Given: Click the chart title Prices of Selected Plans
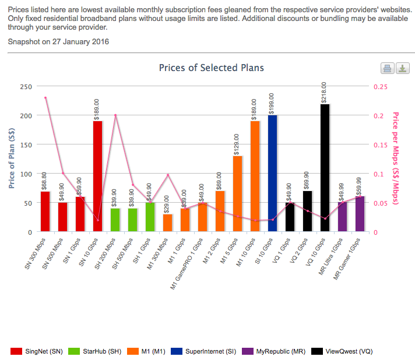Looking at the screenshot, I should tap(211, 68).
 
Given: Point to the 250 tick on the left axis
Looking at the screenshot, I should tap(26, 86).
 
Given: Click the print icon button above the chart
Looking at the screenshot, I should tap(388, 69).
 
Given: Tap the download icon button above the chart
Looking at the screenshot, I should tap(402, 69).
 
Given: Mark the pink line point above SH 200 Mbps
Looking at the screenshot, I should tap(115, 115).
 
